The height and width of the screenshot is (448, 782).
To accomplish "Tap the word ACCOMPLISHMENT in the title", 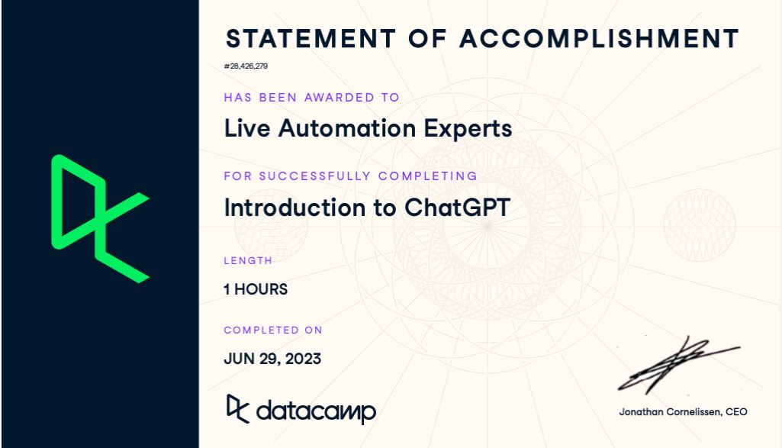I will click(x=600, y=38).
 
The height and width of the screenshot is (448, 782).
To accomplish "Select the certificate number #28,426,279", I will click(x=246, y=66).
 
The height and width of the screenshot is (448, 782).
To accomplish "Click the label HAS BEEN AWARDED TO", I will click(x=311, y=98).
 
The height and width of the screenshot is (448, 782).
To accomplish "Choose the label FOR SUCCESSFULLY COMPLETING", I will click(x=350, y=176).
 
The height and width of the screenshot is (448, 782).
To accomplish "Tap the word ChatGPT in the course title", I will click(x=456, y=208).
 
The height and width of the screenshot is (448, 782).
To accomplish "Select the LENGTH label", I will click(x=248, y=261).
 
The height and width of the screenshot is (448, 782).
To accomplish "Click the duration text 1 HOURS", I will click(x=256, y=289).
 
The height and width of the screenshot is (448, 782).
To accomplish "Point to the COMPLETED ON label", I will click(x=273, y=330).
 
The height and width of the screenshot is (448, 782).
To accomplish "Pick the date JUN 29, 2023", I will click(x=272, y=358).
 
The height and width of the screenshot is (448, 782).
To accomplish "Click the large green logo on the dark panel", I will click(x=99, y=218).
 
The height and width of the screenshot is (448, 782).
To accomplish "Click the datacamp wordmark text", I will click(x=316, y=411).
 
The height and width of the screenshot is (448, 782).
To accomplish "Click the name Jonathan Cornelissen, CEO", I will click(x=683, y=412).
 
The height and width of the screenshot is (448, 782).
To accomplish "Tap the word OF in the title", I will click(x=427, y=38).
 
